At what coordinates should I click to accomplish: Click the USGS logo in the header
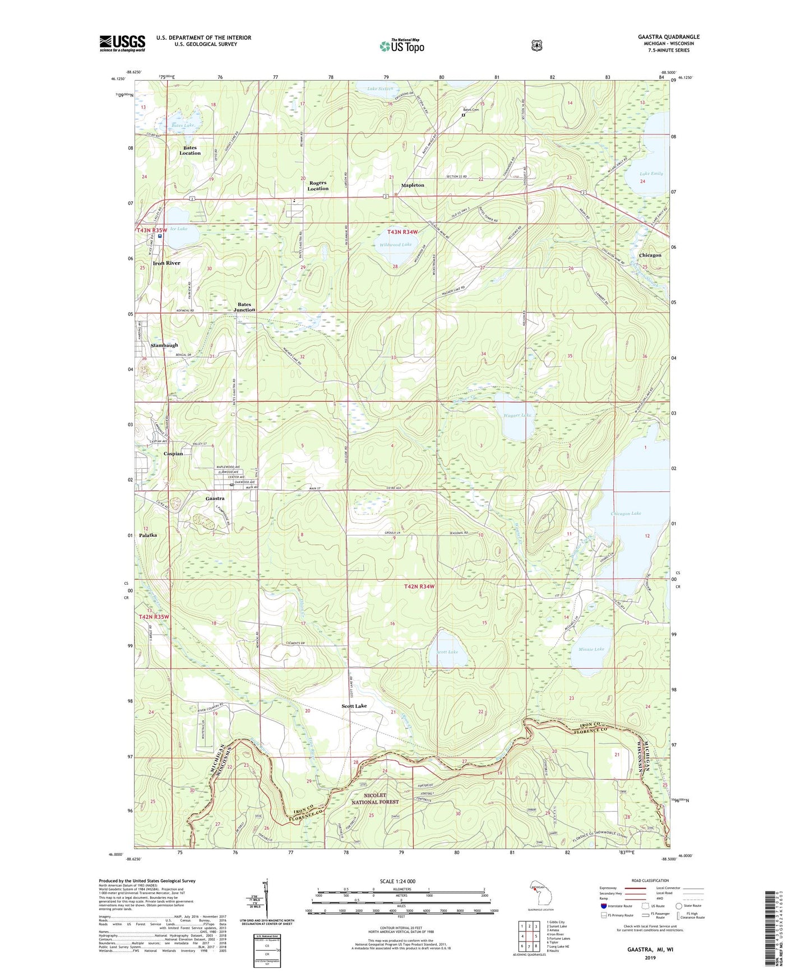pyautogui.click(x=122, y=43)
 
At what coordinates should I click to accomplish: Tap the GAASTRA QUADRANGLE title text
pyautogui.click(x=668, y=37)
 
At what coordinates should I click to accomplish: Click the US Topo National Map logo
pyautogui.click(x=401, y=46)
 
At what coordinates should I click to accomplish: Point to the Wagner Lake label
pyautogui.click(x=517, y=416)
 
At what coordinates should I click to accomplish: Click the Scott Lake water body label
pyautogui.click(x=447, y=652)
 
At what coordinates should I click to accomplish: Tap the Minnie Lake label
pyautogui.click(x=591, y=649)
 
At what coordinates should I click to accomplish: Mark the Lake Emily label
pyautogui.click(x=651, y=174)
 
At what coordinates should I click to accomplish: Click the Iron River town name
pyautogui.click(x=166, y=263)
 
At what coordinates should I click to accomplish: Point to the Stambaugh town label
pyautogui.click(x=164, y=346)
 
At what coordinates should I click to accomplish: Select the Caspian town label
pyautogui.click(x=173, y=454)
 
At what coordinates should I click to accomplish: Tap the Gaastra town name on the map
pyautogui.click(x=215, y=498)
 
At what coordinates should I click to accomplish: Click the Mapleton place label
pyautogui.click(x=413, y=185)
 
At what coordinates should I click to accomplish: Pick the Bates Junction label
pyautogui.click(x=244, y=307)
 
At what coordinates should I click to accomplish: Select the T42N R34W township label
pyautogui.click(x=419, y=586)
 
